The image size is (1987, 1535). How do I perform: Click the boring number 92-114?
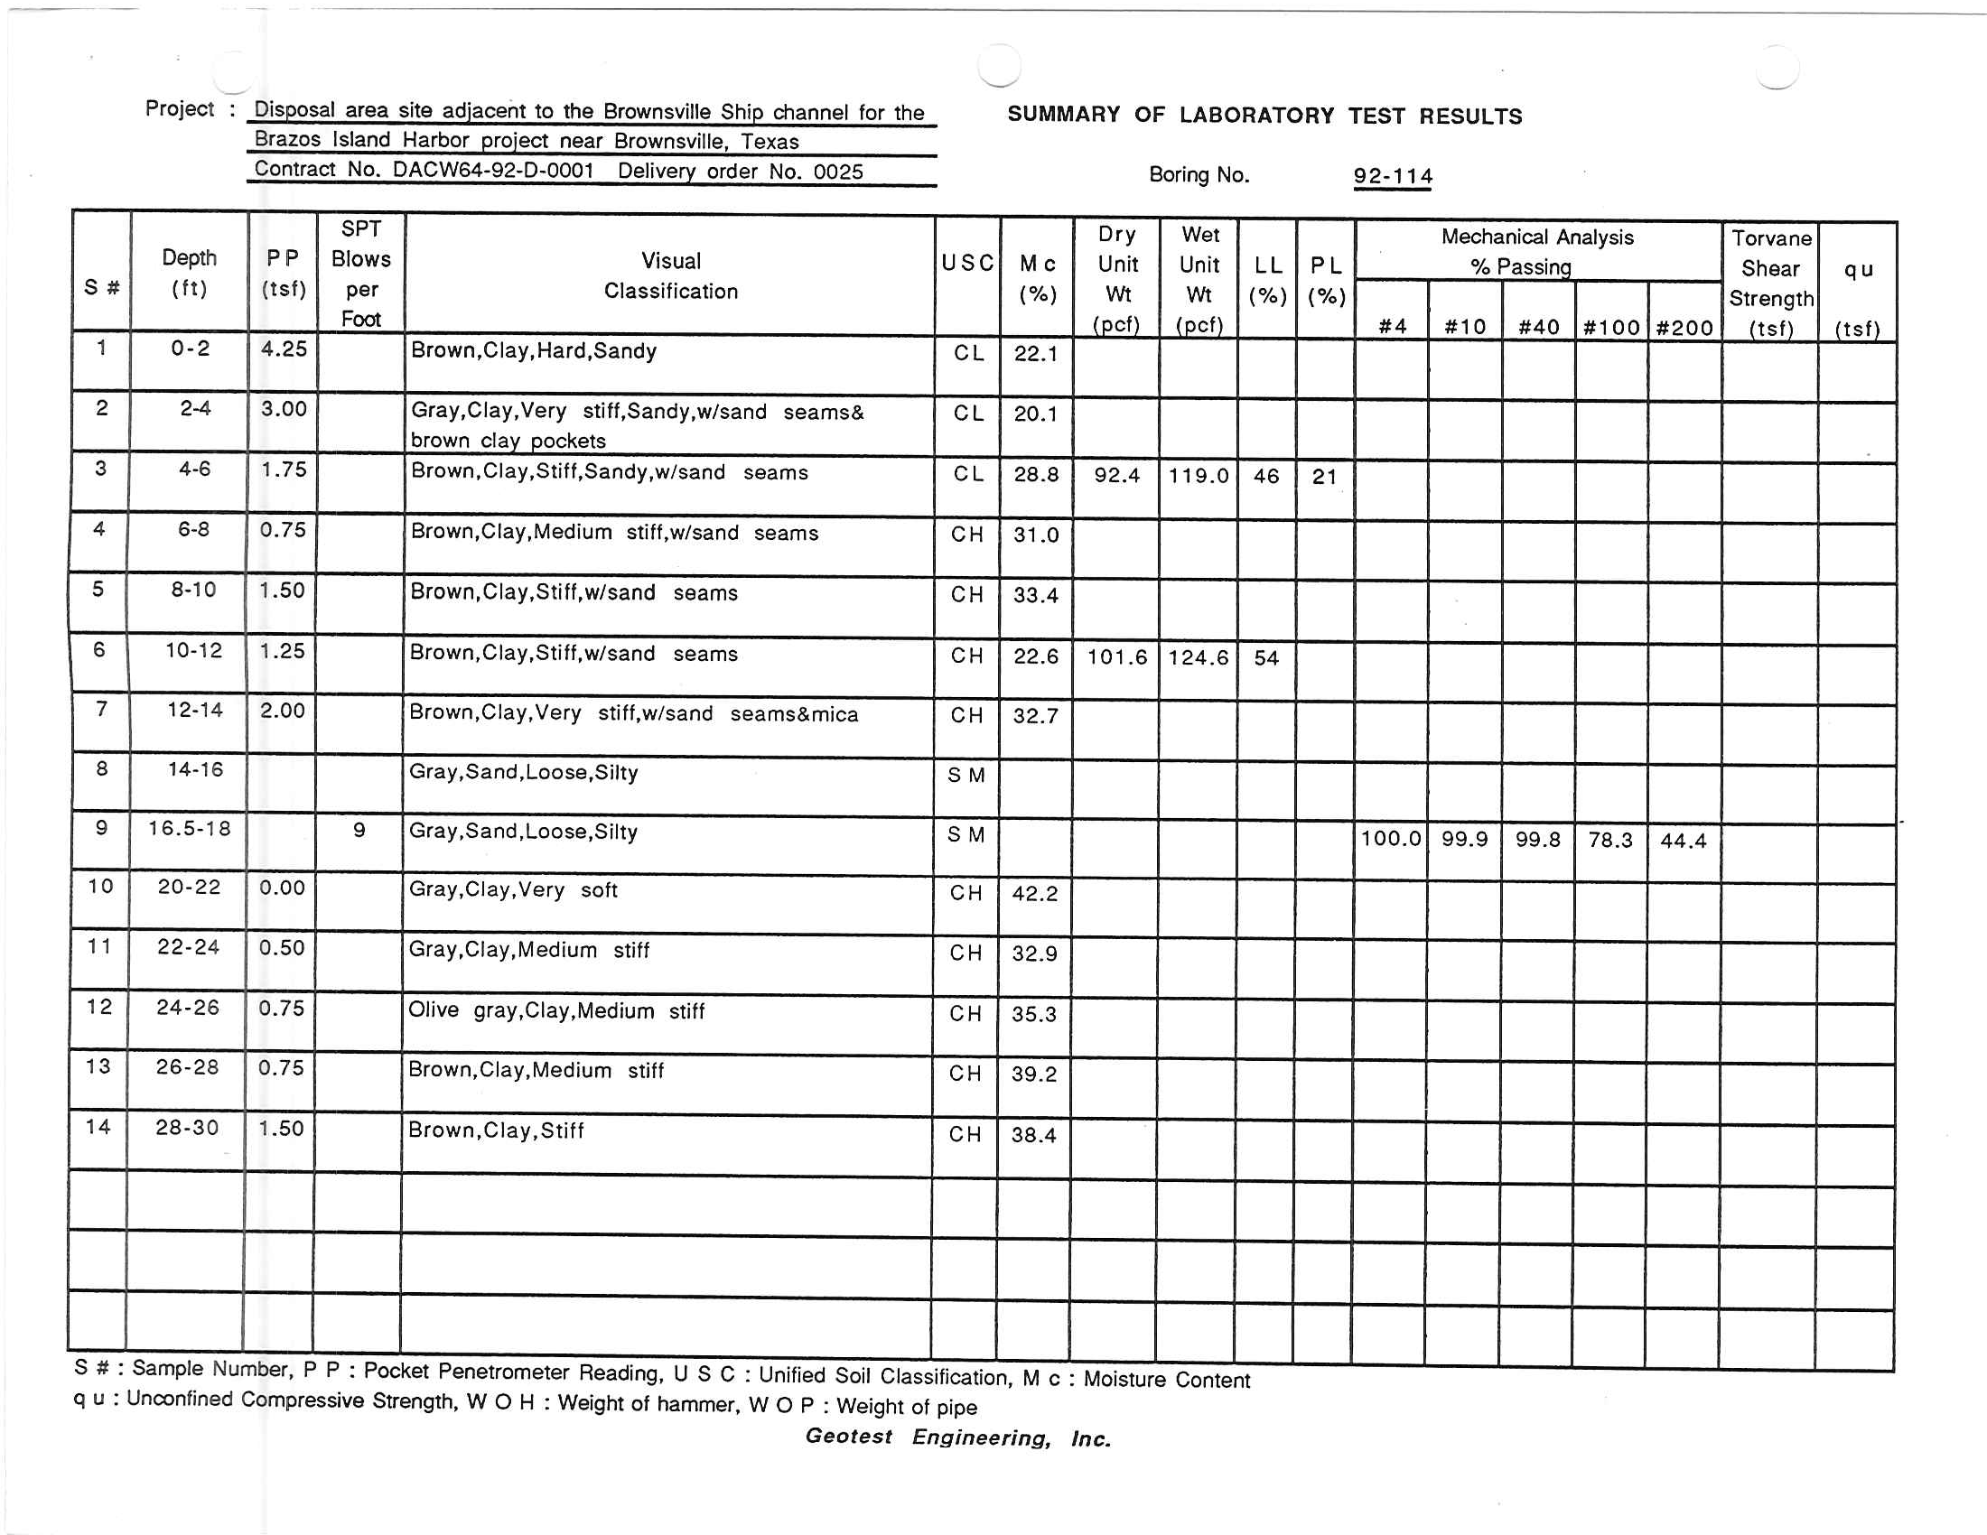[x=1392, y=175]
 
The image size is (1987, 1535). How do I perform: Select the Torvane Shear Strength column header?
[x=1770, y=283]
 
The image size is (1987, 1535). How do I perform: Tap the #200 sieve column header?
[x=1684, y=328]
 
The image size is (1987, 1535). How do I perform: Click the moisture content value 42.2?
[x=1035, y=894]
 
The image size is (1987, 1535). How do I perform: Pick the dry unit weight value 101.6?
[x=1117, y=656]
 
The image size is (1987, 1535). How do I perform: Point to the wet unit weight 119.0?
[x=1199, y=476]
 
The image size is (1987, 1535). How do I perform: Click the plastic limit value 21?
[x=1325, y=477]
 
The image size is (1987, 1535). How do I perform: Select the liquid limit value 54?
[x=1266, y=657]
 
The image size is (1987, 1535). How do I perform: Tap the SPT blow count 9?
[x=359, y=830]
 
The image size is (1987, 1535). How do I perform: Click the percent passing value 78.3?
[x=1610, y=840]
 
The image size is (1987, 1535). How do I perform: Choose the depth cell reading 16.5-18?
[x=190, y=828]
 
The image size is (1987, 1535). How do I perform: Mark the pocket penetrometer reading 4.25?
[x=284, y=349]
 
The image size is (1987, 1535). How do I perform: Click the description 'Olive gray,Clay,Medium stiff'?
[x=555, y=1010]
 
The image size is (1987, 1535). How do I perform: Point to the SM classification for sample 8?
[x=966, y=775]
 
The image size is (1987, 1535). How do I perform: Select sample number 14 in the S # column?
[x=98, y=1127]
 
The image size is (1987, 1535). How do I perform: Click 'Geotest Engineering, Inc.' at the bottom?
[x=958, y=1437]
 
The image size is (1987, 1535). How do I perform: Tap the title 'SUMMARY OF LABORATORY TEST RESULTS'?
[x=1264, y=116]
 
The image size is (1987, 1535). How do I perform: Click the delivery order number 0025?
[x=838, y=172]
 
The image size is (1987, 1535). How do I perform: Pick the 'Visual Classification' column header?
[x=670, y=275]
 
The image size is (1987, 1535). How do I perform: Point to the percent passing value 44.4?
[x=1684, y=841]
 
